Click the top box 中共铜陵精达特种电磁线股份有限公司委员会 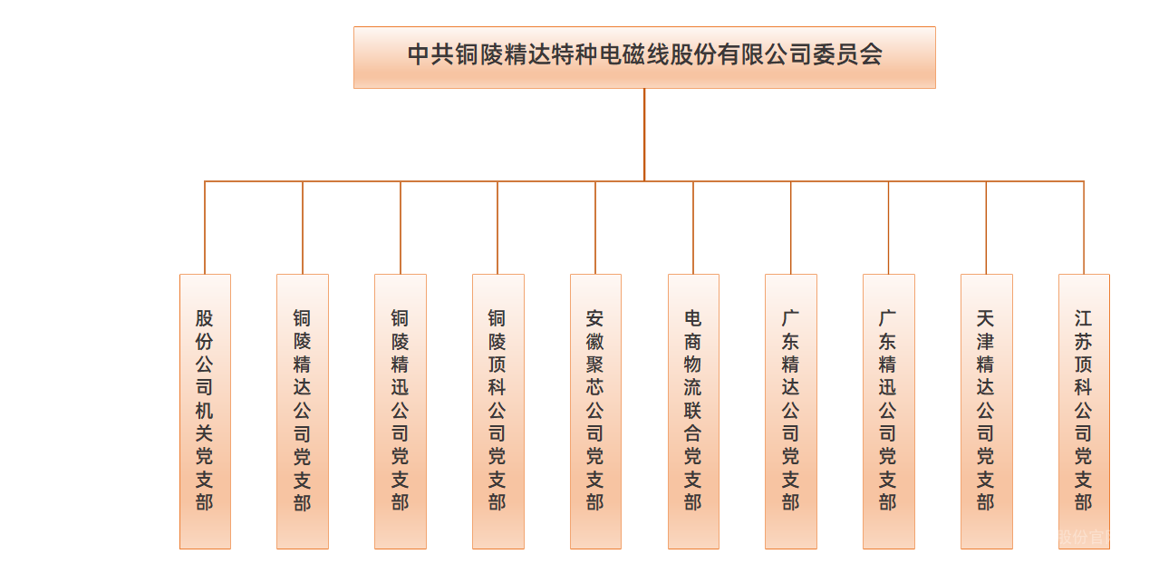pos(643,57)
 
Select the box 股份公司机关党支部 pos(205,411)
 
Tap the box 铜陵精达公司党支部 pos(303,411)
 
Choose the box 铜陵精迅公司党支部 pos(400,411)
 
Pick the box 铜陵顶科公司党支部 pos(497,411)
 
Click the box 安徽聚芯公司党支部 pos(595,411)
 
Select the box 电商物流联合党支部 pos(693,411)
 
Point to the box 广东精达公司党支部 pos(790,411)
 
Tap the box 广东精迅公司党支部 pos(888,411)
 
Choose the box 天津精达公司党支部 pos(986,411)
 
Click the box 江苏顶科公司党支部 pos(1084,411)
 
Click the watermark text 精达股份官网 pos(1071,537)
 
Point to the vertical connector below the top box pos(644,134)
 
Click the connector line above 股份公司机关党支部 pos(205,228)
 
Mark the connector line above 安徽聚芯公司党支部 pos(595,228)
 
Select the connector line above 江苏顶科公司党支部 pos(1084,228)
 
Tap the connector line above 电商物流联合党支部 pos(693,228)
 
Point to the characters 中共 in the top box pos(430,54)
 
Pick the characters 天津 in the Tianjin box pos(986,330)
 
